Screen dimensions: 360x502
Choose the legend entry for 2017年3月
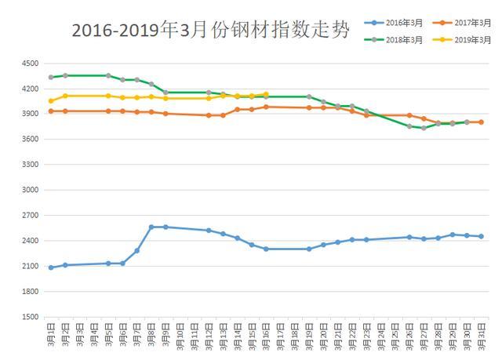(468, 24)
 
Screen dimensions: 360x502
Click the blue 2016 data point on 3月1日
(51, 267)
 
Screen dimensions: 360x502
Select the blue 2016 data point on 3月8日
(151, 227)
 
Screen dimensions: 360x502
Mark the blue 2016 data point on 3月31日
(481, 236)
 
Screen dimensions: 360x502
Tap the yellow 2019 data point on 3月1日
(51, 100)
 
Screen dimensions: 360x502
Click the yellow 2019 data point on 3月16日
(266, 94)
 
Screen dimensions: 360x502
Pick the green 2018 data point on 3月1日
(51, 77)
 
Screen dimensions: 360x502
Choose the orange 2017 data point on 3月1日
(51, 111)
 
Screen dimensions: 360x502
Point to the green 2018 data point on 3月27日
(424, 128)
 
